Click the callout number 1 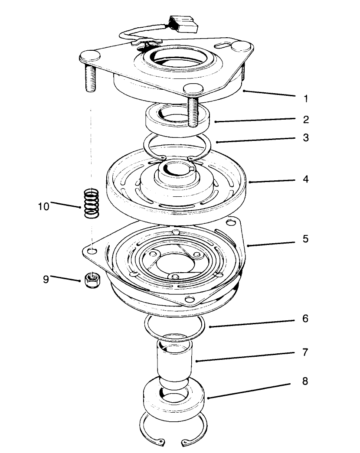pyautogui.click(x=306, y=98)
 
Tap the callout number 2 pyautogui.click(x=306, y=119)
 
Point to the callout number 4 pyautogui.click(x=306, y=178)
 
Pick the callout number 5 pyautogui.click(x=306, y=238)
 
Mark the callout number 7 pyautogui.click(x=306, y=352)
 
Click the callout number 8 pyautogui.click(x=306, y=381)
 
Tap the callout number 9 pyautogui.click(x=46, y=280)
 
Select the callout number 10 pyautogui.click(x=44, y=206)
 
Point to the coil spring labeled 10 pyautogui.click(x=91, y=202)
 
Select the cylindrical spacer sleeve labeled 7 pyautogui.click(x=176, y=360)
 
